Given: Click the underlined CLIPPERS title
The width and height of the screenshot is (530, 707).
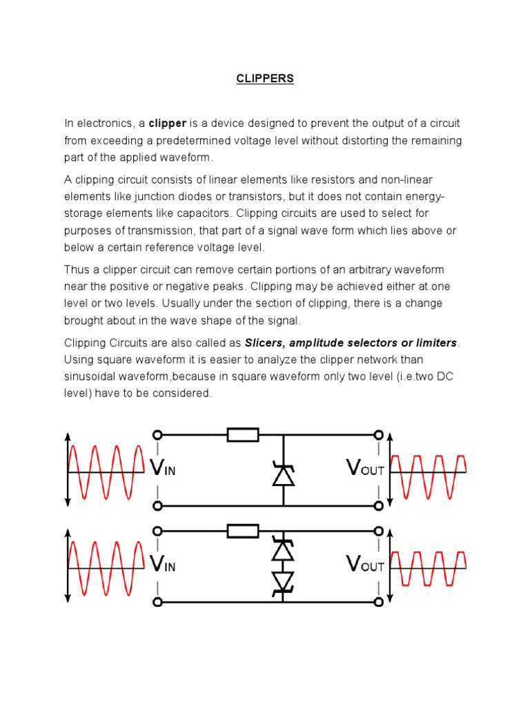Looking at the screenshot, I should click(265, 79).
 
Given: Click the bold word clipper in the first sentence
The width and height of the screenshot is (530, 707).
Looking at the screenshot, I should click(168, 124).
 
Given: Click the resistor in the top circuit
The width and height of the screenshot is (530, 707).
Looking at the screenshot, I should click(243, 434).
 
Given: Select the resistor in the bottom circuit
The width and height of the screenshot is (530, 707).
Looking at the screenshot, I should click(243, 531).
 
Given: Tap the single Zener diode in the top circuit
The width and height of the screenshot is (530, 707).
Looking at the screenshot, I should click(284, 474).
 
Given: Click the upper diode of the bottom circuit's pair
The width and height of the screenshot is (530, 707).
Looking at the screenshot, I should click(284, 549).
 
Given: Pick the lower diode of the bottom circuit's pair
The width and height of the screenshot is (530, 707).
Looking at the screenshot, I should click(284, 583).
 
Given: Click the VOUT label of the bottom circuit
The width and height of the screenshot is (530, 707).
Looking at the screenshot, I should click(365, 565).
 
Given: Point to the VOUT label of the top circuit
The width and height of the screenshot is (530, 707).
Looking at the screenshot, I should click(365, 469).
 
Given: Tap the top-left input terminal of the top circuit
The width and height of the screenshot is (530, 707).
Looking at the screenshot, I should click(157, 434).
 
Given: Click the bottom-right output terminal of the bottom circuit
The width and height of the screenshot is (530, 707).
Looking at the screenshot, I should click(378, 602).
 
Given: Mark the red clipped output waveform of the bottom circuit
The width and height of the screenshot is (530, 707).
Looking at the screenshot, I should click(429, 568).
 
